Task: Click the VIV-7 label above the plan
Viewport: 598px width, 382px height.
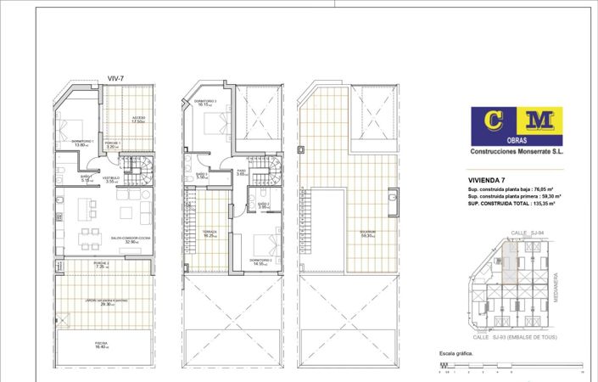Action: coord(116,78)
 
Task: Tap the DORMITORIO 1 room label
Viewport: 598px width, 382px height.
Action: coord(82,143)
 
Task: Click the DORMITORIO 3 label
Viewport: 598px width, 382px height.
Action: coord(205,103)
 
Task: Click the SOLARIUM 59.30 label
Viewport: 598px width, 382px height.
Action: coord(366,233)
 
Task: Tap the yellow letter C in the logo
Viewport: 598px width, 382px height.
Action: coord(489,121)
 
